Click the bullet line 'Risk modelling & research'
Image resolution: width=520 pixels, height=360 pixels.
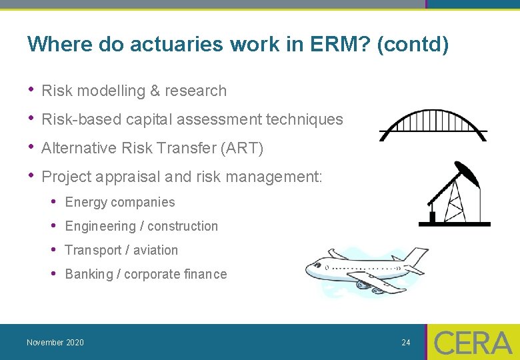pyautogui.click(x=133, y=91)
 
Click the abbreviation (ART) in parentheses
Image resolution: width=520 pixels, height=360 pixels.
pyautogui.click(x=242, y=148)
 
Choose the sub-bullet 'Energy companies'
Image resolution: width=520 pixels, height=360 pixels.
pyautogui.click(x=119, y=202)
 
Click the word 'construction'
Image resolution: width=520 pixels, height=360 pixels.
pyautogui.click(x=183, y=226)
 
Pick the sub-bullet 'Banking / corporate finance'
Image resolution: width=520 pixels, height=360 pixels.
pyautogui.click(x=145, y=274)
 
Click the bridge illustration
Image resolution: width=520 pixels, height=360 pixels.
pyautogui.click(x=433, y=126)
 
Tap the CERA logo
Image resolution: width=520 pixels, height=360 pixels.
pyautogui.click(x=473, y=342)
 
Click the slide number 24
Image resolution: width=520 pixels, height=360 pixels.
pyautogui.click(x=405, y=343)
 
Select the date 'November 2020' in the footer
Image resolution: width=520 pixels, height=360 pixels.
pyautogui.click(x=55, y=343)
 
